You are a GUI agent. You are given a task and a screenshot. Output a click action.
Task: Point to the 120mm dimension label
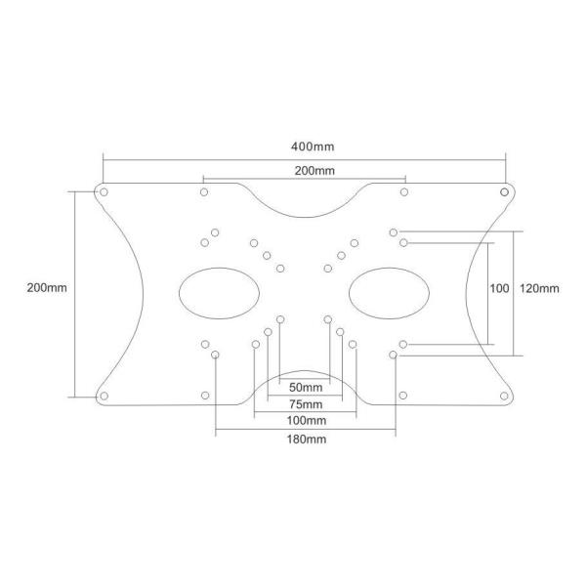[x=540, y=288]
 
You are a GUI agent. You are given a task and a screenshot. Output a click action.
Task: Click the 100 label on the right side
[x=499, y=288]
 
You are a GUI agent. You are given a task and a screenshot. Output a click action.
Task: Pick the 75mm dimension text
[x=306, y=403]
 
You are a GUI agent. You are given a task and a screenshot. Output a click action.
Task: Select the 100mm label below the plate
[x=306, y=420]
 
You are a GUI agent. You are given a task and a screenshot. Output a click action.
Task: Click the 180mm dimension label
[x=306, y=439]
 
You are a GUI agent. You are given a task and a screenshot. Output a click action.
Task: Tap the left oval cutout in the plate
[x=220, y=291]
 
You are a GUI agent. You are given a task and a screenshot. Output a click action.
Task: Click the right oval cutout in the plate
[x=389, y=291]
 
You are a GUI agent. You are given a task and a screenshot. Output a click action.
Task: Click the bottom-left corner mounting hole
[x=103, y=396]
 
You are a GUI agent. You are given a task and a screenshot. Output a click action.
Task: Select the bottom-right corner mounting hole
[x=505, y=396]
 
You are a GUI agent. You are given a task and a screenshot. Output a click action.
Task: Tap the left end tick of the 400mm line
[x=103, y=159]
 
